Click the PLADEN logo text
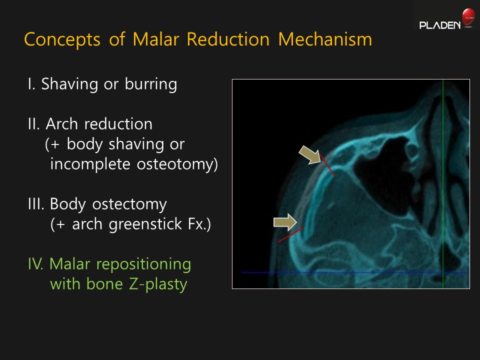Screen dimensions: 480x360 [440, 25]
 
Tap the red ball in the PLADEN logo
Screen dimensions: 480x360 [468, 16]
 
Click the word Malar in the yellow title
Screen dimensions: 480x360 [156, 39]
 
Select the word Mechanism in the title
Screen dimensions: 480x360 [325, 39]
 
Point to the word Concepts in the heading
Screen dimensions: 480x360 [62, 40]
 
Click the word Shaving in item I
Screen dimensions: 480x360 [69, 84]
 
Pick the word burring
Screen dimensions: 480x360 [151, 84]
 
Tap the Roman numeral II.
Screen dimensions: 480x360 [33, 124]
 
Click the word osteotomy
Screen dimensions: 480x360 [177, 164]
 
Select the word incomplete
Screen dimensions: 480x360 [90, 164]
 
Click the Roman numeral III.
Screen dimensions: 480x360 [36, 204]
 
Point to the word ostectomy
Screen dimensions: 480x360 [129, 204]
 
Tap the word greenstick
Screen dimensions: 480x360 [144, 224]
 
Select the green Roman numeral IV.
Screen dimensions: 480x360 [36, 264]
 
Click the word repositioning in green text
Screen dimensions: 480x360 [143, 264]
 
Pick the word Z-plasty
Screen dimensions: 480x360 [158, 284]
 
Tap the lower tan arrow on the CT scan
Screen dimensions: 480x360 [285, 222]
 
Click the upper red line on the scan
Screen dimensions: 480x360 [327, 165]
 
